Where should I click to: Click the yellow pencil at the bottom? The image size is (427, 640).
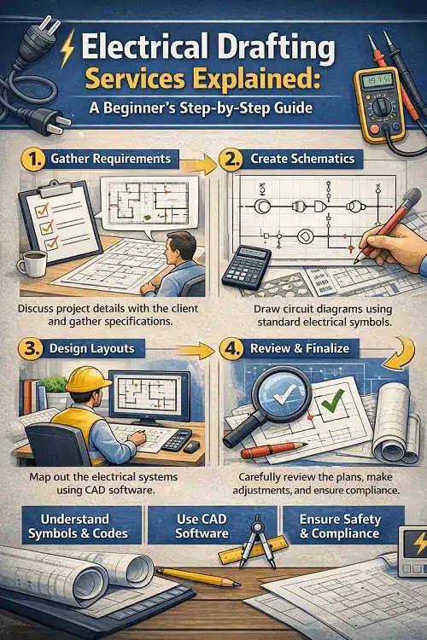tap(196, 577)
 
